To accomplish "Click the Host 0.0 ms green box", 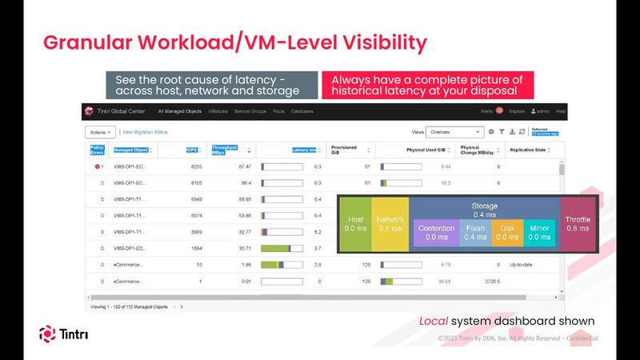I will pyautogui.click(x=354, y=223).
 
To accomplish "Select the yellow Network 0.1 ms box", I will pyautogui.click(x=390, y=223).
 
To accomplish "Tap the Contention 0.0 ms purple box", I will pyautogui.click(x=437, y=232).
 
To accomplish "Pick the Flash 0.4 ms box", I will pyautogui.click(x=475, y=232).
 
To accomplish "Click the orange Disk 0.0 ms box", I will pyautogui.click(x=507, y=232).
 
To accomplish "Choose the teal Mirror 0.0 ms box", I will pyautogui.click(x=540, y=232).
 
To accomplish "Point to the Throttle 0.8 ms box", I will pyautogui.click(x=578, y=223).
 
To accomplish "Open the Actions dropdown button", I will pyautogui.click(x=100, y=132).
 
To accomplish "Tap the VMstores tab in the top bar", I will pyautogui.click(x=218, y=111).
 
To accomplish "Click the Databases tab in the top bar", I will pyautogui.click(x=302, y=111).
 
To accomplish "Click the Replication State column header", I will pyautogui.click(x=528, y=150).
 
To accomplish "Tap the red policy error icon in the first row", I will pyautogui.click(x=97, y=166).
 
